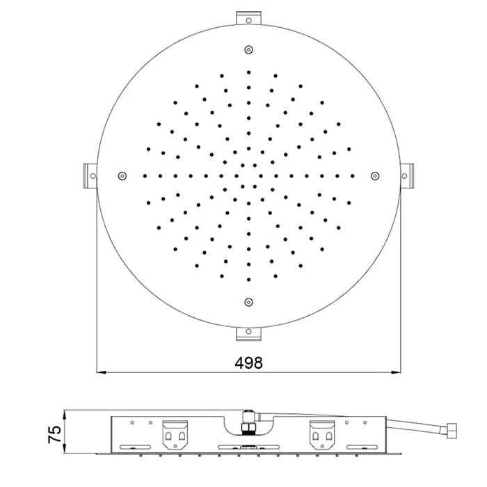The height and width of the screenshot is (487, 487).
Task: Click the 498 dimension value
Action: tap(248, 362)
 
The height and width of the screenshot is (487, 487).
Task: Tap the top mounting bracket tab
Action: tap(248, 18)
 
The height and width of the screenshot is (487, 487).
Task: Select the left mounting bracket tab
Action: tap(90, 176)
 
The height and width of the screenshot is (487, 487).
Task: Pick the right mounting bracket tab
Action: tap(406, 176)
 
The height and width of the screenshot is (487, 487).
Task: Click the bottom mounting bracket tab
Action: tap(248, 333)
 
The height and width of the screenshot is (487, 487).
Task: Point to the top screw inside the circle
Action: tap(248, 49)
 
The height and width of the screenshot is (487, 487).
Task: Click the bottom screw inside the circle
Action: tap(248, 302)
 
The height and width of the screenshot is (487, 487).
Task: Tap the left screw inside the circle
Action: tap(122, 176)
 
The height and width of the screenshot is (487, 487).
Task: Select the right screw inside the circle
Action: tap(375, 176)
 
